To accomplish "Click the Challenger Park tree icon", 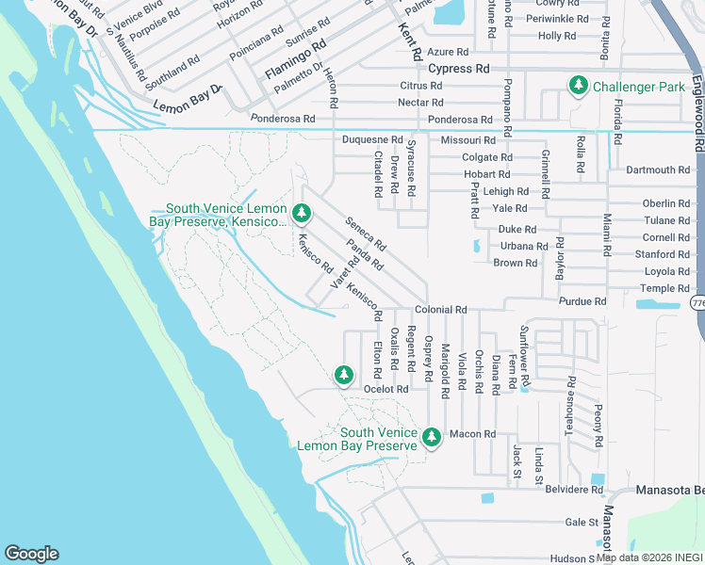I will [578, 87].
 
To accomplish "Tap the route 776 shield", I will [697, 303].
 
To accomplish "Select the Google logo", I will [31, 554].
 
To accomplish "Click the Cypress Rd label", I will [459, 69].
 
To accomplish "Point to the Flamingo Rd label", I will [295, 57].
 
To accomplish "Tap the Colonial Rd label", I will [441, 310].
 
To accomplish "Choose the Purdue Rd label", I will [582, 301].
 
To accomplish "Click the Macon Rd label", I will [472, 434].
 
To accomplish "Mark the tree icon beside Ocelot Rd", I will [344, 376].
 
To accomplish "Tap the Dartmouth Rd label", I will [658, 170].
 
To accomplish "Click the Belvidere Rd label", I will [571, 490].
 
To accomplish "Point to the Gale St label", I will [582, 522].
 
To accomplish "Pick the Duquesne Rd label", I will [372, 139].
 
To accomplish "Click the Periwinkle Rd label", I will [550, 19].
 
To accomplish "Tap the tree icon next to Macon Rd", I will [432, 437].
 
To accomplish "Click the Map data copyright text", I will [649, 557].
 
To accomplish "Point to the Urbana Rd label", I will [524, 246].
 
